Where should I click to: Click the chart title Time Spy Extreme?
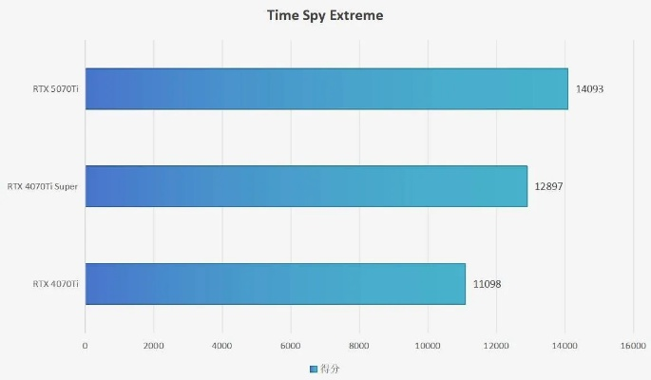tap(325, 16)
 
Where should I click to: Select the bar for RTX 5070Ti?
tap(326, 88)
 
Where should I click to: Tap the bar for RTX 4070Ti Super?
tap(306, 186)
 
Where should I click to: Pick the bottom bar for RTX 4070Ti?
tap(275, 283)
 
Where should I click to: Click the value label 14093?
tap(589, 89)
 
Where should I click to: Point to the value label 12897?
tap(548, 186)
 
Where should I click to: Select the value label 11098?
tap(487, 284)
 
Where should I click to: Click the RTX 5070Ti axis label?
tap(55, 89)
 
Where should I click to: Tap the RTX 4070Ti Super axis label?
tap(42, 186)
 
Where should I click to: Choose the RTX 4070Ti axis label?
tap(55, 284)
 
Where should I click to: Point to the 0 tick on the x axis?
tap(86, 346)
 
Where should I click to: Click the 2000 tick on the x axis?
tap(154, 346)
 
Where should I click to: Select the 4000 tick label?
tap(222, 346)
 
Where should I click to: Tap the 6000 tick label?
tap(291, 346)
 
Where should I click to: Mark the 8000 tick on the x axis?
tap(359, 346)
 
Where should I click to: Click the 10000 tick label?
tap(428, 346)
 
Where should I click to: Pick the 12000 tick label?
tap(496, 346)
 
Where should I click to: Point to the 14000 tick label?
tap(565, 346)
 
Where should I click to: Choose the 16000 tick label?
tap(633, 346)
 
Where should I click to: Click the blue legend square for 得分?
tap(314, 368)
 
